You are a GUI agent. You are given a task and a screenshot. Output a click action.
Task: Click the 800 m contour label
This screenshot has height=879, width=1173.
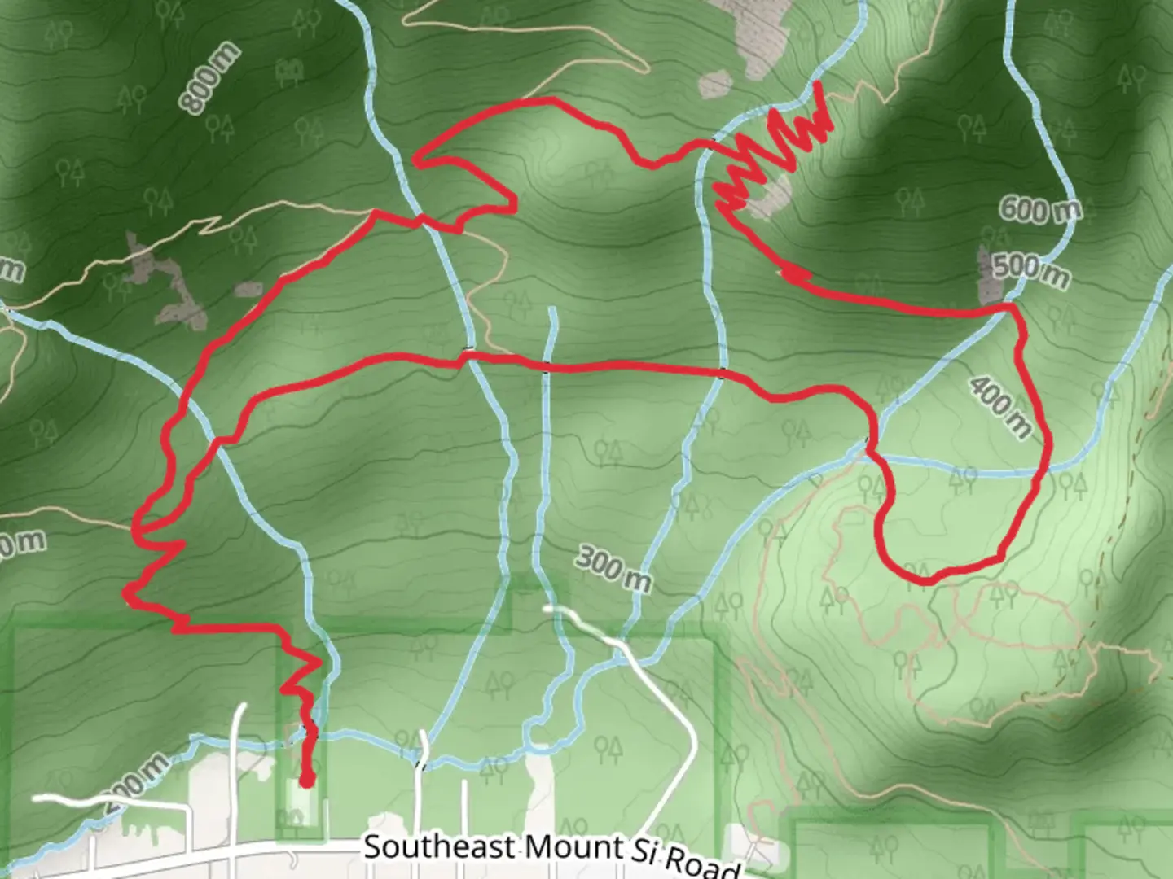210,79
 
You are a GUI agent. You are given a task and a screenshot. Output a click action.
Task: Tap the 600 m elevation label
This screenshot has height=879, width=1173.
1040,211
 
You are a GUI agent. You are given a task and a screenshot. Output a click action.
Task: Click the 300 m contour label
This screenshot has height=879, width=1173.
614,567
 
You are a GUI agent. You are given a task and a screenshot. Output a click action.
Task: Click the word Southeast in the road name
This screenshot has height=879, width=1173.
439,847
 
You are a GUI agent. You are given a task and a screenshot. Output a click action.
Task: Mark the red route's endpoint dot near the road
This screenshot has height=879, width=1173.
306,782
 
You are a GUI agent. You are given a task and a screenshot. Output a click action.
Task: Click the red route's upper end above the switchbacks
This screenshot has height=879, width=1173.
818,84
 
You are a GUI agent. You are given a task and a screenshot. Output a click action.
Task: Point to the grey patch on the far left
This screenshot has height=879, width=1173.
163,281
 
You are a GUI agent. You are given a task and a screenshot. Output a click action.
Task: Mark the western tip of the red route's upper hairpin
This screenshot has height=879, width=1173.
416,161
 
